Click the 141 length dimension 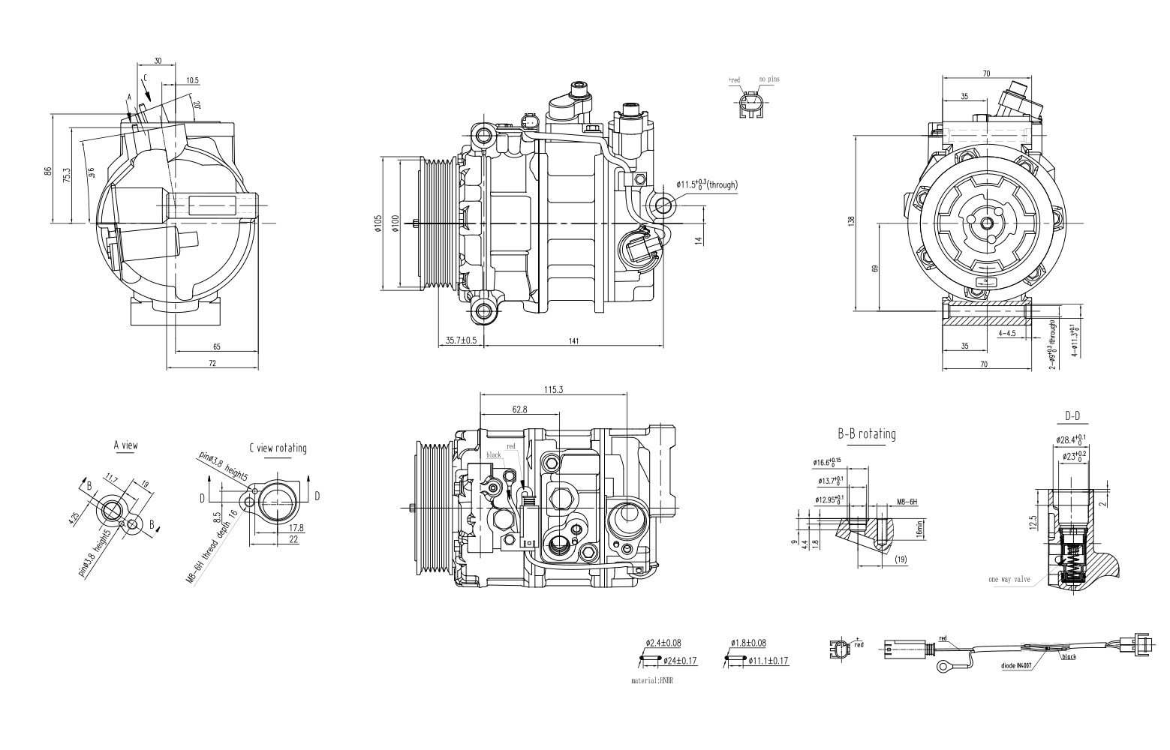(573, 341)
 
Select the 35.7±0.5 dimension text (462, 340)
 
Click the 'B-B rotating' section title (866, 434)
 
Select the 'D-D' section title (1072, 416)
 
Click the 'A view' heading (125, 445)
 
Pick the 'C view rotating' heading (278, 448)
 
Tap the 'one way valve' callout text (1009, 580)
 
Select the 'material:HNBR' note (652, 681)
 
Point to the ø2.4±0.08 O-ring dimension (663, 643)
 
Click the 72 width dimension (212, 363)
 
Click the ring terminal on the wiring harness (940, 666)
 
